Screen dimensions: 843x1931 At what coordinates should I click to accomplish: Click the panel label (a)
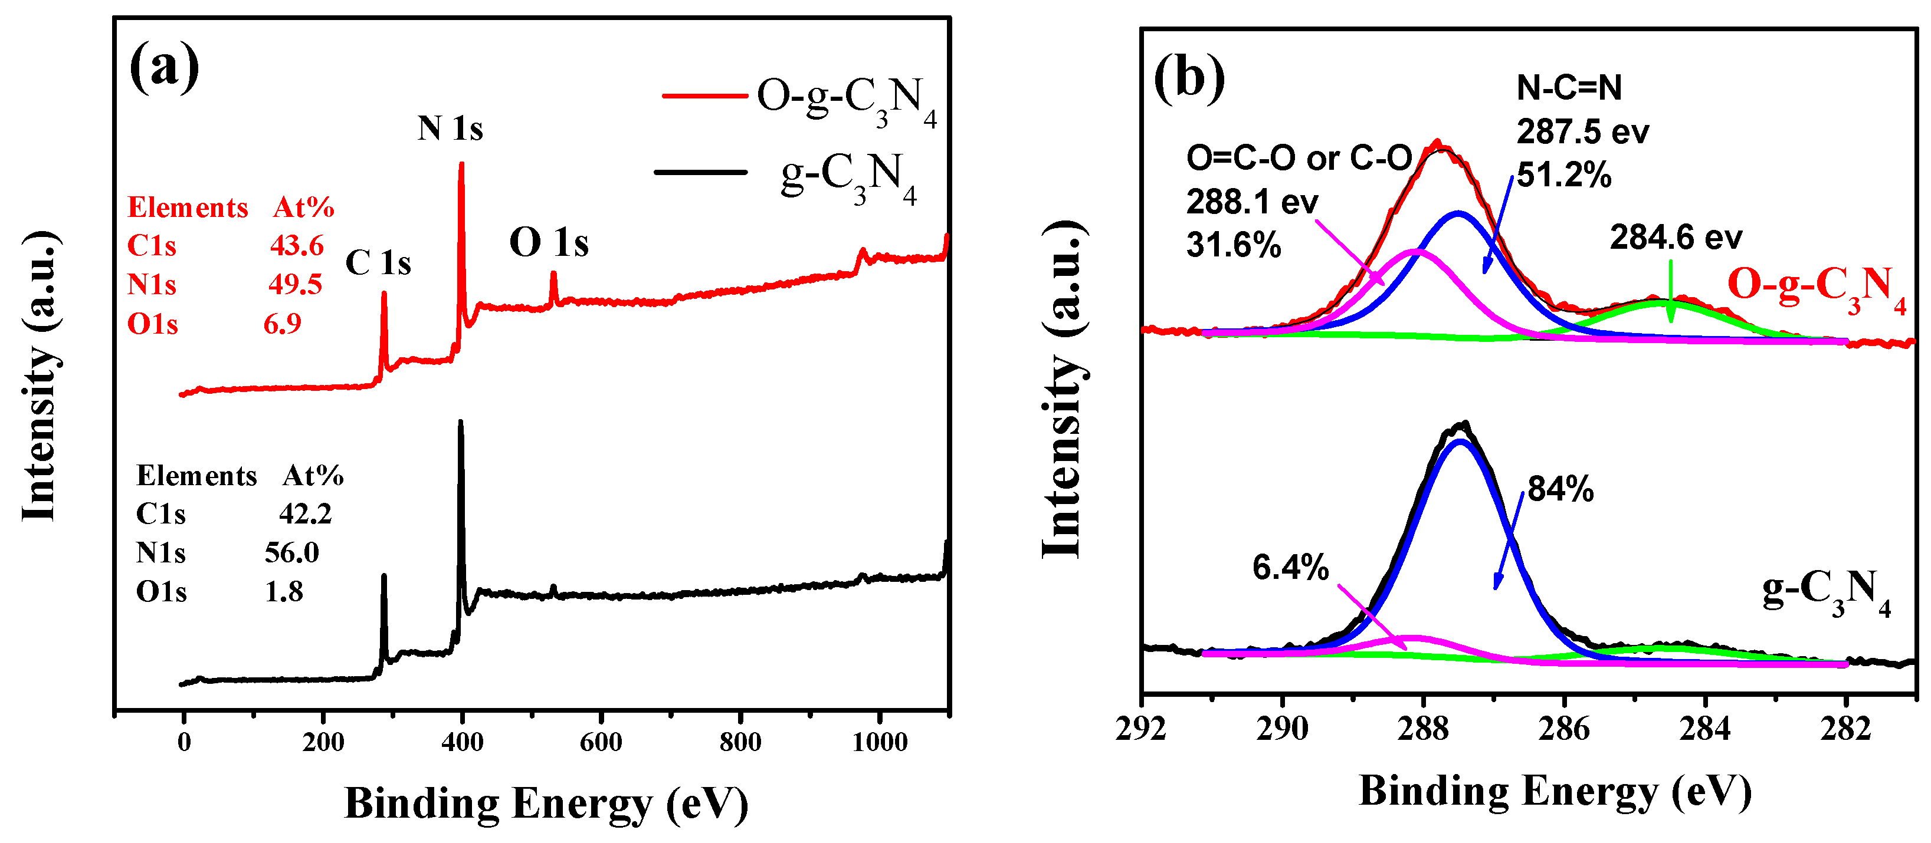point(164,67)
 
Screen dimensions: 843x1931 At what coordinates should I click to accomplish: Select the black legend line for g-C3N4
point(700,172)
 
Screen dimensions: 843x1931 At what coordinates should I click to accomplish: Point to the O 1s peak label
point(549,243)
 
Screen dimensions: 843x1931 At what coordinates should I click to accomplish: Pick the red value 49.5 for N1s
point(296,285)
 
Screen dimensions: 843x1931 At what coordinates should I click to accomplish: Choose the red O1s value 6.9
point(283,324)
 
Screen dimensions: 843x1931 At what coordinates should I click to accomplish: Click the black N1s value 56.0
point(291,553)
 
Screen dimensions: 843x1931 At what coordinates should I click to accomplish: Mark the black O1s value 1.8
point(284,592)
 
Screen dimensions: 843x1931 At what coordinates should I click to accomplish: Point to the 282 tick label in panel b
point(1845,729)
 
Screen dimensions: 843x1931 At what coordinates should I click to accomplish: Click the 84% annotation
point(1560,489)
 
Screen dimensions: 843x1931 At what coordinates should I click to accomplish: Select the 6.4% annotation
point(1290,567)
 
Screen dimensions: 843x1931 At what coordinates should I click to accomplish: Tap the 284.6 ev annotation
point(1676,238)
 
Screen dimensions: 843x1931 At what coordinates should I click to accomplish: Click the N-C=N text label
point(1569,88)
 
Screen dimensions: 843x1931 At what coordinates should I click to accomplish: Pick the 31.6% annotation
point(1233,245)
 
